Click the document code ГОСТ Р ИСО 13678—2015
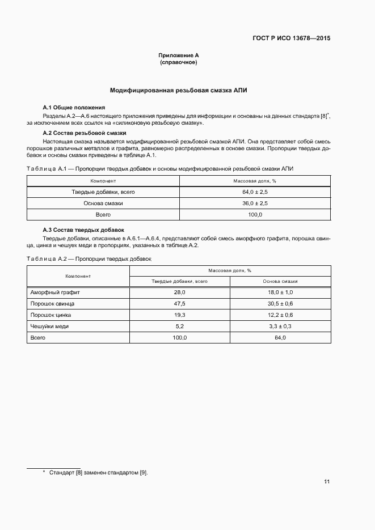pyautogui.click(x=291, y=39)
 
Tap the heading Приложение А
pyautogui.click(x=179, y=56)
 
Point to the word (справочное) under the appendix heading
pyautogui.click(x=179, y=62)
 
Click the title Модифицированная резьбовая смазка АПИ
pyautogui.click(x=179, y=90)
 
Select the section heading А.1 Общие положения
pyautogui.click(x=74, y=108)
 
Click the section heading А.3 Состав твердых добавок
pyautogui.click(x=83, y=230)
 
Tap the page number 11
pyautogui.click(x=327, y=482)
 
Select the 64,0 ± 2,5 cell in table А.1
pyautogui.click(x=255, y=192)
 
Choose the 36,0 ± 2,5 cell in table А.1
pyautogui.click(x=255, y=203)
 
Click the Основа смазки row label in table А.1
pyautogui.click(x=103, y=203)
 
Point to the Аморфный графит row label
pyautogui.click(x=55, y=292)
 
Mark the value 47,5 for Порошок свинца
pyautogui.click(x=180, y=304)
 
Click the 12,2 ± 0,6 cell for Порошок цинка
pyautogui.click(x=280, y=315)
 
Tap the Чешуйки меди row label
pyautogui.click(x=49, y=327)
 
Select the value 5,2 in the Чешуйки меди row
pyautogui.click(x=180, y=327)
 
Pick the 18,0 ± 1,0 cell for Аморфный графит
pyautogui.click(x=280, y=292)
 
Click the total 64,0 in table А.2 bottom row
pyautogui.click(x=280, y=338)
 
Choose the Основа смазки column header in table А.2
pyautogui.click(x=280, y=281)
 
